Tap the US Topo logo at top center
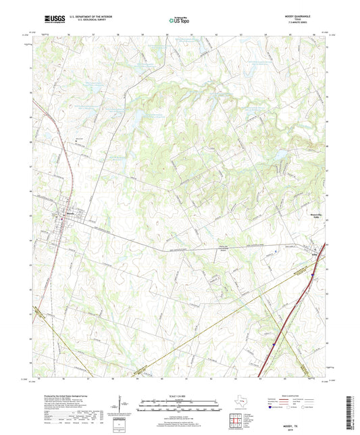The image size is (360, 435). (180, 22)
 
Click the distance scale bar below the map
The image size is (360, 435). (180, 407)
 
